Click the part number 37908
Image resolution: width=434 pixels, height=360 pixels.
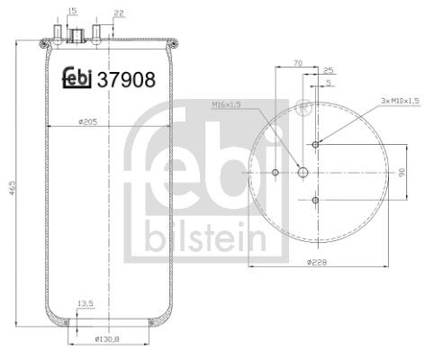(128, 79)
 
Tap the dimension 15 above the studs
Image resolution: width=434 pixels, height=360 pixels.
(73, 12)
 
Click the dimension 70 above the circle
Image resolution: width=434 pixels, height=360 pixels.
(297, 64)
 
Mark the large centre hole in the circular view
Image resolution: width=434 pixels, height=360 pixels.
(303, 172)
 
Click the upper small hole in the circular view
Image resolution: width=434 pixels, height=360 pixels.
(314, 145)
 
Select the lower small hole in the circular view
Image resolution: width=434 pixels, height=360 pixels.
(314, 199)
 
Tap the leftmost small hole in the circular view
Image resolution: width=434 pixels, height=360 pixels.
(275, 172)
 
